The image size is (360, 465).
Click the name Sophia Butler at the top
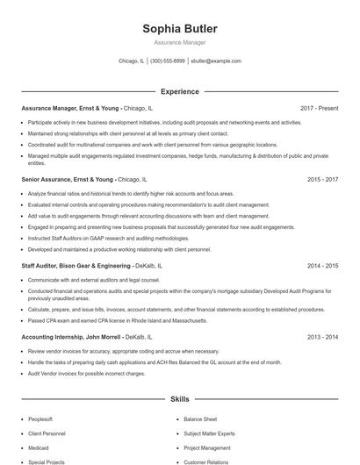tap(179, 29)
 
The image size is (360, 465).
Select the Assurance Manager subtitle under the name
tap(179, 42)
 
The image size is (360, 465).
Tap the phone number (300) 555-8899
tap(168, 61)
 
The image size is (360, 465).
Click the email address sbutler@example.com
tap(215, 61)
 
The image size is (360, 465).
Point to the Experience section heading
tap(179, 91)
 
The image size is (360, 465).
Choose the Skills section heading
tap(179, 399)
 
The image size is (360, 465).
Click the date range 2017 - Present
tap(319, 109)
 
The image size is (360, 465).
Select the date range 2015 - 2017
tap(322, 179)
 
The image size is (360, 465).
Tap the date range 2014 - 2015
tap(322, 265)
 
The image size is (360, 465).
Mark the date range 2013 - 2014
tap(322, 337)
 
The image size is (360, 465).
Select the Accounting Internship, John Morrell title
tap(71, 337)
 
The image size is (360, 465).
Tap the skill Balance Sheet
tap(200, 419)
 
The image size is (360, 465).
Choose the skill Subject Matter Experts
tap(210, 433)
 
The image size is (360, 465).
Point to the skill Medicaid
tap(40, 447)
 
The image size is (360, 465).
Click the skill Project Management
tap(208, 447)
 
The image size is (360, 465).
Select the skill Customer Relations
tap(206, 461)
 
